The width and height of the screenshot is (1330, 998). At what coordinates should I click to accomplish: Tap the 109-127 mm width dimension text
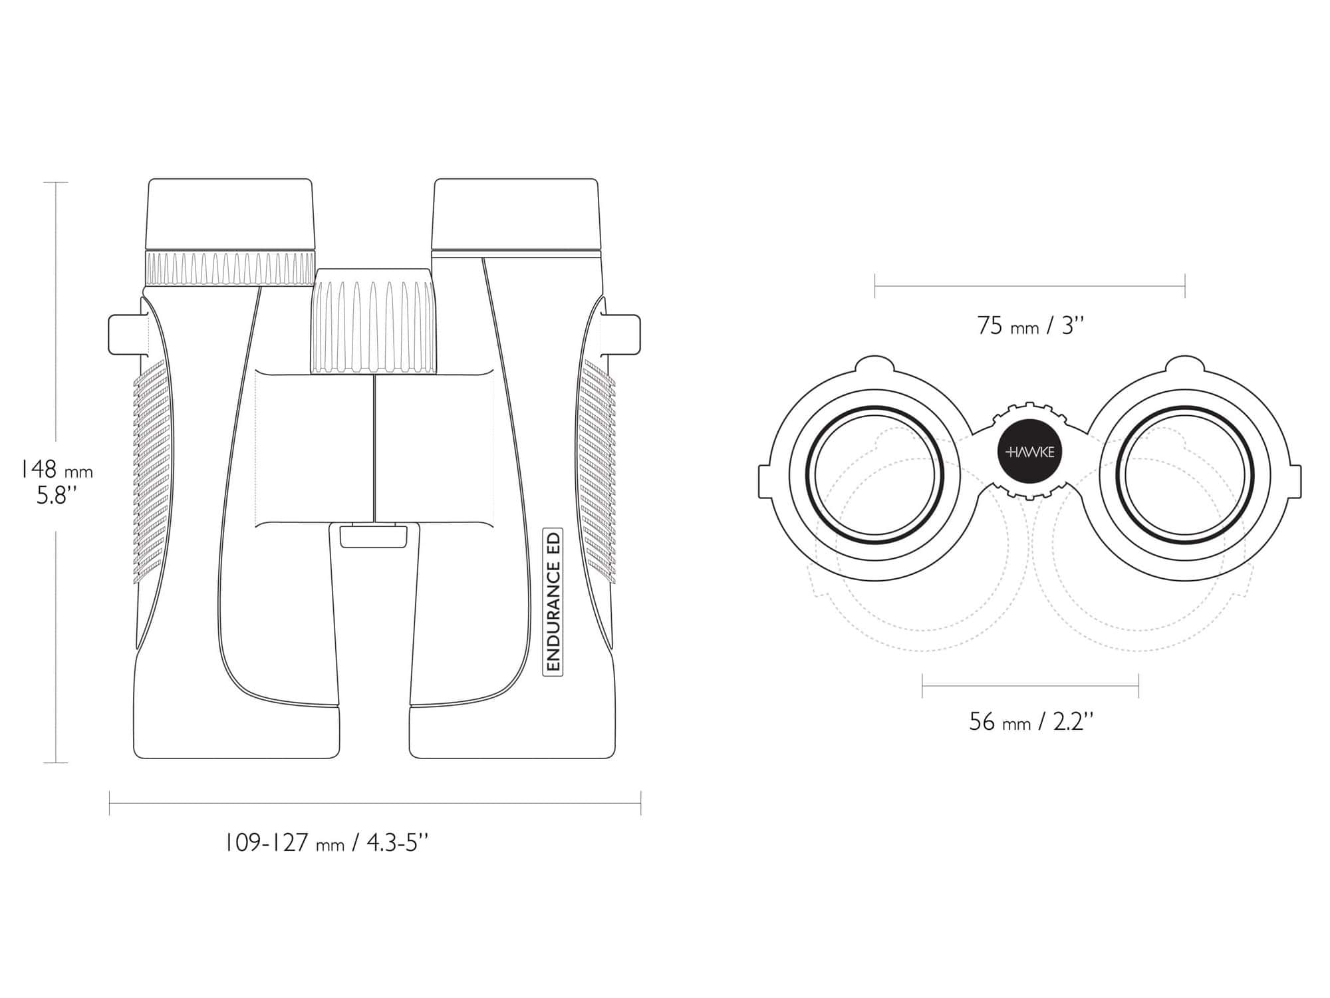click(326, 844)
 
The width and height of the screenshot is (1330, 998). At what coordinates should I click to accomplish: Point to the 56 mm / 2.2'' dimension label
click(1031, 721)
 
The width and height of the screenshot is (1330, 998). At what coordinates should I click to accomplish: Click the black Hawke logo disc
click(1030, 452)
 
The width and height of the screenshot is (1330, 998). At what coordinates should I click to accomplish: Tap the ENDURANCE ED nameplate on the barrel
click(553, 601)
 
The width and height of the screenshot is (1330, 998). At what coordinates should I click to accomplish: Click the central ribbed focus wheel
click(374, 321)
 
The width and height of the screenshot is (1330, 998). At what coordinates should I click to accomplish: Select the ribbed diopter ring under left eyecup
click(230, 269)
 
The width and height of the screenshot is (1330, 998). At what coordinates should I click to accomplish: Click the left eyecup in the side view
click(230, 214)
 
